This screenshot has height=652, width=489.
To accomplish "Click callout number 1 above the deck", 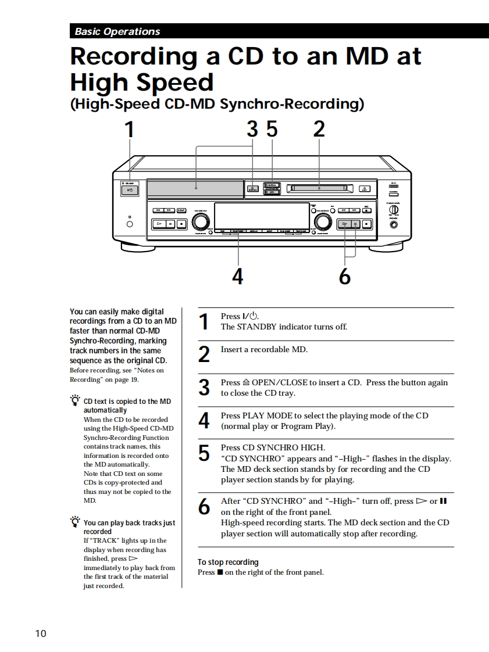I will (130, 129).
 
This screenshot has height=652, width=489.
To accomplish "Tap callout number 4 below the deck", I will (237, 276).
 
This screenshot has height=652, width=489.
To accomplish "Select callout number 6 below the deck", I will (345, 277).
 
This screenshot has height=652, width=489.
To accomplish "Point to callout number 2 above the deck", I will (319, 129).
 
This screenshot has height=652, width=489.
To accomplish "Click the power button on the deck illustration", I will (130, 190).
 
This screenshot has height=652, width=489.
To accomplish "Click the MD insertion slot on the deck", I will (319, 188).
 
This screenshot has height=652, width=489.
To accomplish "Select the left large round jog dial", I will (201, 221).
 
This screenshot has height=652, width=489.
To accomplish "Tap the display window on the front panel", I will (262, 216).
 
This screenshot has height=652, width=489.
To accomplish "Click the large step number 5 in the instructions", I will (204, 453).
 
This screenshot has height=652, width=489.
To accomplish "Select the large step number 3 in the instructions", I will (204, 388).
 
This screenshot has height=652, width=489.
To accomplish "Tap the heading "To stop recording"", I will (228, 562).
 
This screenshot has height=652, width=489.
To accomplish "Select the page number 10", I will (41, 633).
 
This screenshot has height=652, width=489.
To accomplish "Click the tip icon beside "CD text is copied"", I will (75, 400).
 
